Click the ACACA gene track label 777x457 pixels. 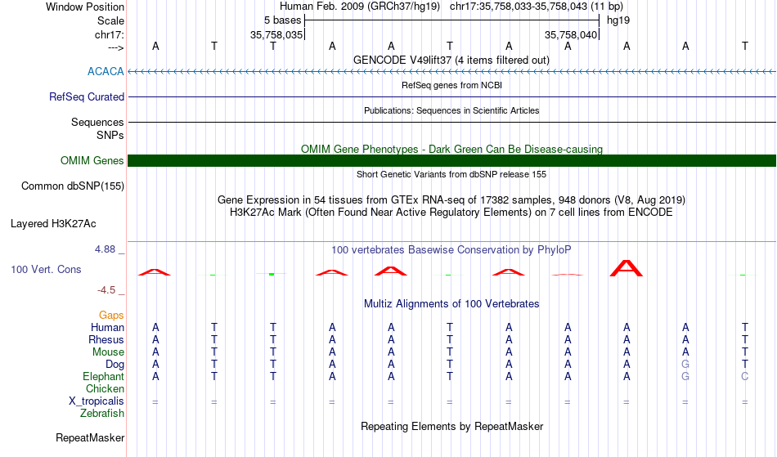tap(106, 72)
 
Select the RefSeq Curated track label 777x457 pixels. tap(87, 97)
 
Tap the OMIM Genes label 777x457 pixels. tap(92, 161)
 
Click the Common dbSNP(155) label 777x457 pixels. tap(73, 186)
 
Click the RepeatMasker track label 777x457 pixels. tap(90, 438)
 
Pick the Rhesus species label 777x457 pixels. tap(106, 340)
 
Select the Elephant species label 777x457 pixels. tap(103, 377)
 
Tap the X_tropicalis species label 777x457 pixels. tap(97, 401)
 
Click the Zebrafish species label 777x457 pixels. tap(102, 414)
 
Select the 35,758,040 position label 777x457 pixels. tap(571, 35)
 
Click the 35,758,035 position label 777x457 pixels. tap(276, 35)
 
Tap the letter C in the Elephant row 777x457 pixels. tap(744, 377)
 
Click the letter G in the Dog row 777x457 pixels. tap(685, 365)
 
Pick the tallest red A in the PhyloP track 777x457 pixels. tap(627, 268)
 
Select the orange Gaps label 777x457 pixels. tap(111, 316)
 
